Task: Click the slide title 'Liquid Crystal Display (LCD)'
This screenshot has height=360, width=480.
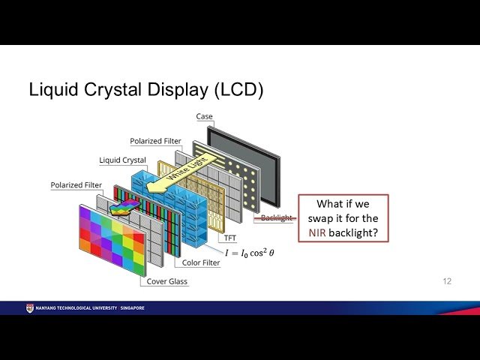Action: tap(145, 90)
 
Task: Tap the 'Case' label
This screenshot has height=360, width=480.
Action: tap(204, 117)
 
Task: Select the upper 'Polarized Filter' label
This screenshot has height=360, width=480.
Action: tap(154, 141)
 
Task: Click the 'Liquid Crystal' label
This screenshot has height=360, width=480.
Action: tap(122, 160)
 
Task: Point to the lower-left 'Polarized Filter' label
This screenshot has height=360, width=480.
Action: tap(75, 184)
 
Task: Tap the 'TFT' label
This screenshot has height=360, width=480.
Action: tap(231, 238)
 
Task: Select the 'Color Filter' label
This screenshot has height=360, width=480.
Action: tap(201, 262)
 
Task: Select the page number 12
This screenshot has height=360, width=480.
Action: tap(446, 281)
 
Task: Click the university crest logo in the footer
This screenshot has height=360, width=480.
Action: tap(29, 307)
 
